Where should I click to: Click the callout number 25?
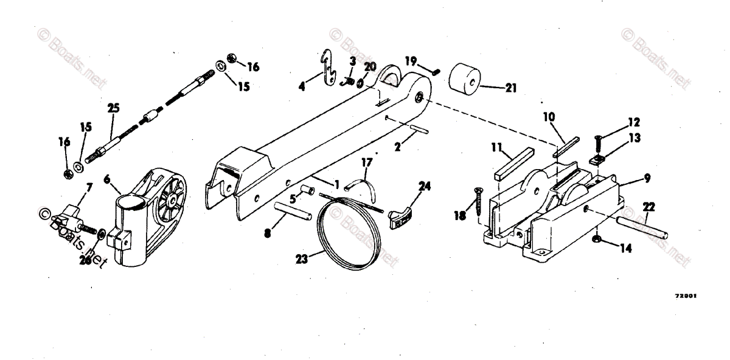113,108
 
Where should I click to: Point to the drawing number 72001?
686,296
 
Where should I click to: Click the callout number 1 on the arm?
336,183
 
